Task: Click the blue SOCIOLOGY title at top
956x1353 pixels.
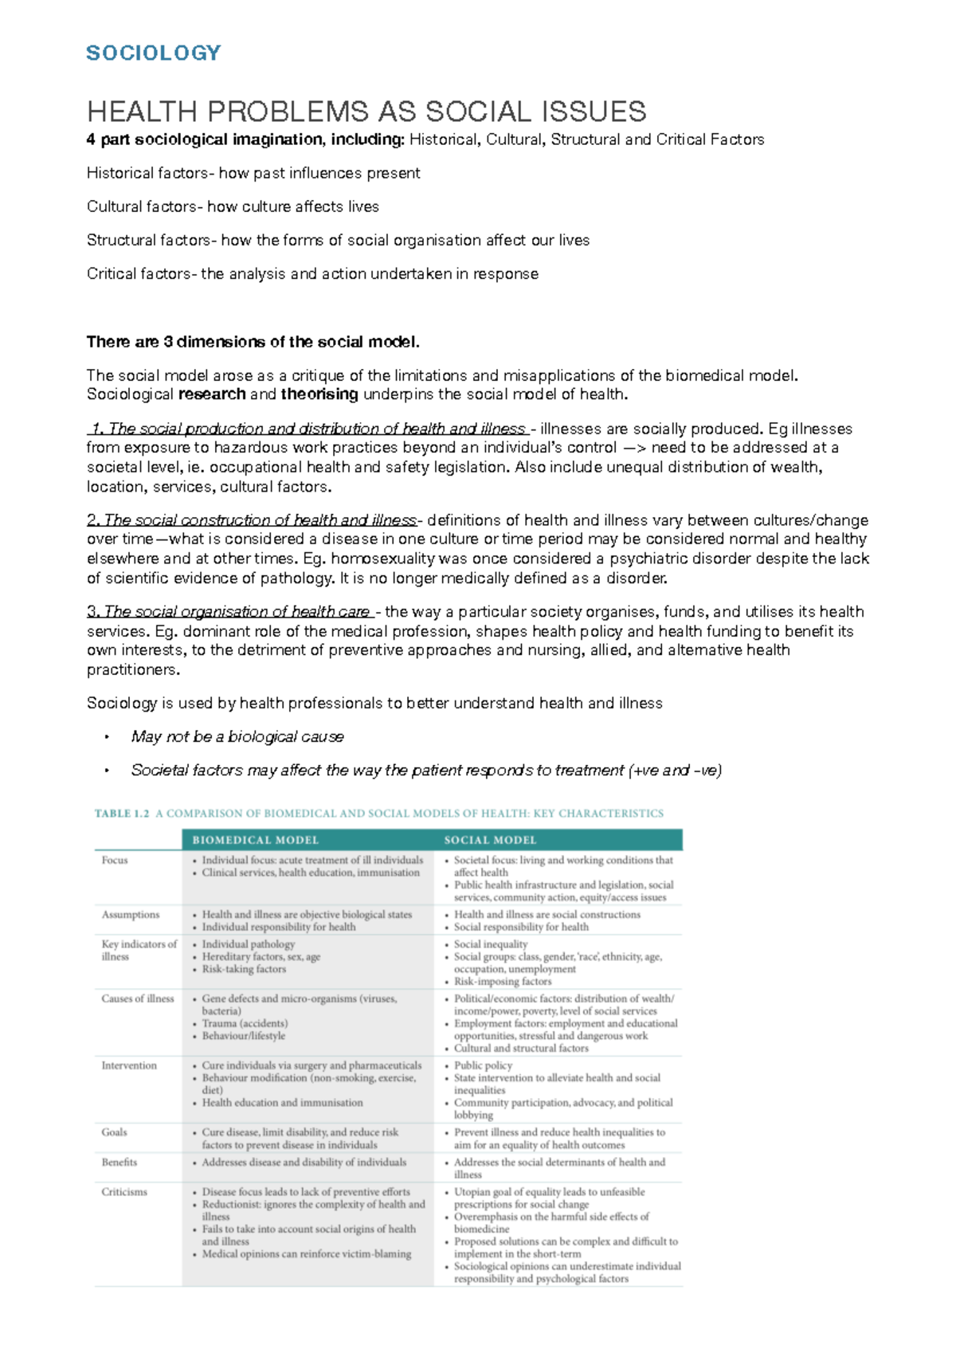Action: [x=153, y=53]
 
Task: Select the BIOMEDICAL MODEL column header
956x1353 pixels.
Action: [x=255, y=840]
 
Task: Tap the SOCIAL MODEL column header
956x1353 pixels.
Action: [x=490, y=840]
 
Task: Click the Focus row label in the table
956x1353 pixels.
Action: [x=115, y=860]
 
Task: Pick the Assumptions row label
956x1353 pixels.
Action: [x=131, y=915]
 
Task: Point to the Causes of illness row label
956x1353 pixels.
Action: [x=138, y=998]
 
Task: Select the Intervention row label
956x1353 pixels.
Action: [x=129, y=1065]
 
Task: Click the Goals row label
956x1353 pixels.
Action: [x=114, y=1132]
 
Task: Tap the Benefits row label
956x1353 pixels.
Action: [x=119, y=1163]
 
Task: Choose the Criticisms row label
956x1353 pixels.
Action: [x=124, y=1192]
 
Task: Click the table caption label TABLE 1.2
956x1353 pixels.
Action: [x=122, y=814]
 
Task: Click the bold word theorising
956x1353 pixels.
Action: [x=319, y=394]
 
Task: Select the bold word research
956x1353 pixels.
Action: [x=212, y=394]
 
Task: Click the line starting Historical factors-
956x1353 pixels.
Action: [x=253, y=173]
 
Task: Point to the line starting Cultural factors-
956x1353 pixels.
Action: [x=233, y=206]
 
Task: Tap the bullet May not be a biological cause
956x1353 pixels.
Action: [x=237, y=737]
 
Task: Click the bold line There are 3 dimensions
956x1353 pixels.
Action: [x=253, y=342]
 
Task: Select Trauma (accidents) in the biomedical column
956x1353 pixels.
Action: [x=245, y=1023]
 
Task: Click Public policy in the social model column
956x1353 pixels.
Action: [x=483, y=1065]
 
